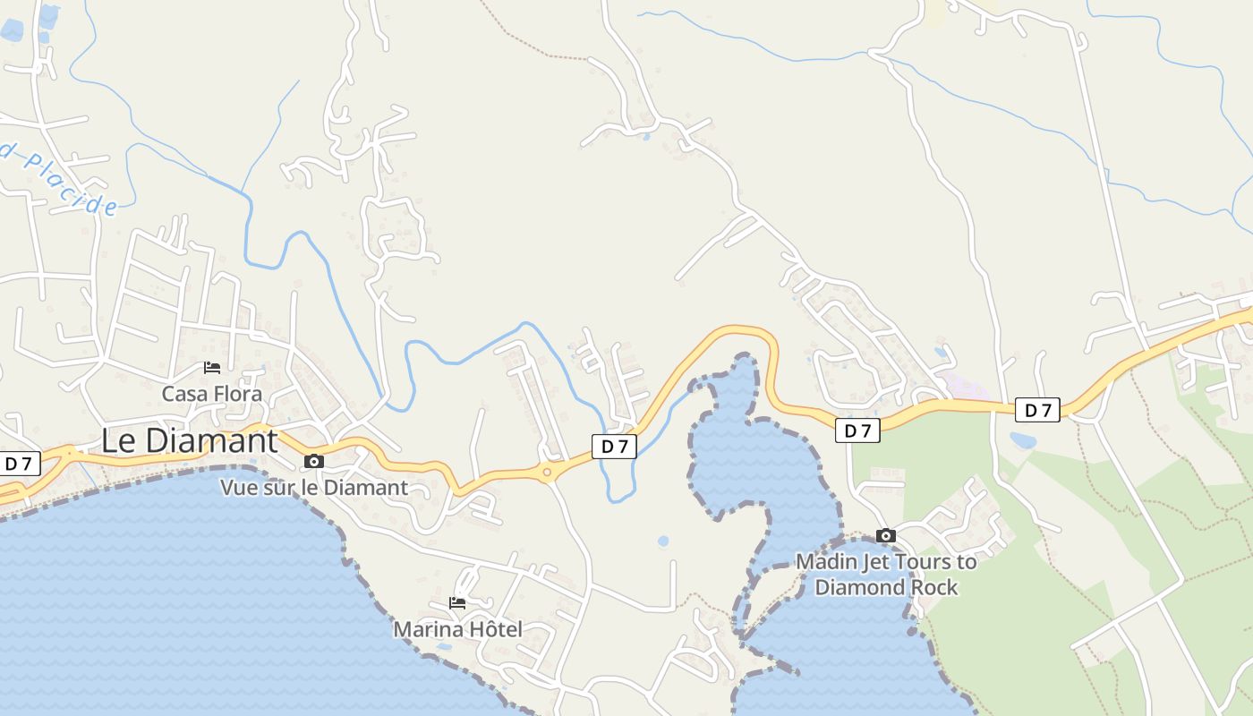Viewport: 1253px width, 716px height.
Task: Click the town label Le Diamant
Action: pos(189,440)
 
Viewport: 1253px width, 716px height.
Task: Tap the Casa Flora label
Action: pos(212,394)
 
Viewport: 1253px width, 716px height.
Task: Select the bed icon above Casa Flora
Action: pos(212,368)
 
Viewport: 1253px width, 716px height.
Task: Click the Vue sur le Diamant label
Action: pos(314,488)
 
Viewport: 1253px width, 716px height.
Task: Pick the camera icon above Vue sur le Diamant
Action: pos(314,462)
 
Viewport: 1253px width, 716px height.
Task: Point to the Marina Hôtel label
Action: pos(457,629)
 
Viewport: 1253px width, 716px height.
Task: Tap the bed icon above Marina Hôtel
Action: pos(457,603)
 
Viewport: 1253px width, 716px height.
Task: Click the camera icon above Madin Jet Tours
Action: pos(886,536)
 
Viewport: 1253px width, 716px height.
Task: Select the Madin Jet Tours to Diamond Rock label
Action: pos(886,575)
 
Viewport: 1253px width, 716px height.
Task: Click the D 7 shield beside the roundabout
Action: pos(614,447)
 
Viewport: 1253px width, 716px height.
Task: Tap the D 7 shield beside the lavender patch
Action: pos(1037,410)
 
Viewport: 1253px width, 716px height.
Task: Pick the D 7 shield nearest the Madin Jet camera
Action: pos(857,430)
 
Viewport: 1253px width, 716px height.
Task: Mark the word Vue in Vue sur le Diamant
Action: pos(239,488)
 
